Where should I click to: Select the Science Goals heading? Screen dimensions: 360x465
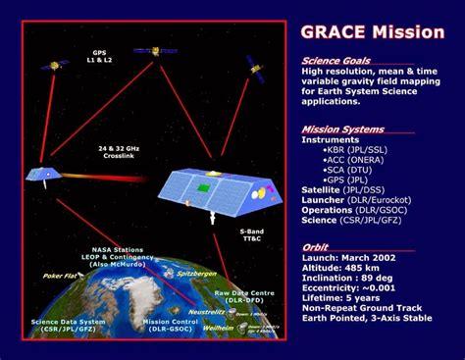(336, 61)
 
